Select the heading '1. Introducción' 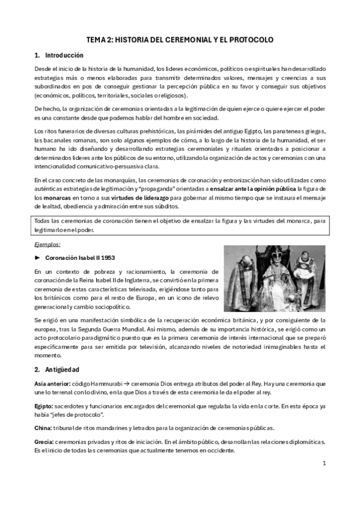coord(55,55)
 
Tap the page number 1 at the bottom coord(323,463)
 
